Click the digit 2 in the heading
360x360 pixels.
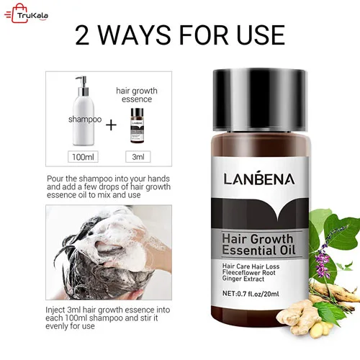(x=82, y=35)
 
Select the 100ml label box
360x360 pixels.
(x=83, y=157)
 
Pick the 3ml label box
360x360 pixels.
(x=138, y=157)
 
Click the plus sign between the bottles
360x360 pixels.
(x=111, y=125)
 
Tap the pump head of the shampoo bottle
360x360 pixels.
(x=82, y=83)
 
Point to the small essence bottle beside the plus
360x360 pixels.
(x=137, y=125)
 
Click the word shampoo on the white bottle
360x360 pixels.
(x=85, y=120)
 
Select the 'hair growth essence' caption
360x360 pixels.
(x=137, y=95)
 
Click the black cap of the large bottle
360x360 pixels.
(x=259, y=100)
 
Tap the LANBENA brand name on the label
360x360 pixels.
(x=259, y=179)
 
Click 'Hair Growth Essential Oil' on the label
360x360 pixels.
(x=258, y=245)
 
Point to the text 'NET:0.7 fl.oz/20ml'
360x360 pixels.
(x=251, y=294)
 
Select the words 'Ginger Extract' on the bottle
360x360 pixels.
(x=243, y=279)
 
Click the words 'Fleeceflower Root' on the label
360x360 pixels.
(x=248, y=273)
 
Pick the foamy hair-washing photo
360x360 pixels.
(x=109, y=253)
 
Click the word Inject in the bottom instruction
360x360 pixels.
(x=55, y=310)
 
